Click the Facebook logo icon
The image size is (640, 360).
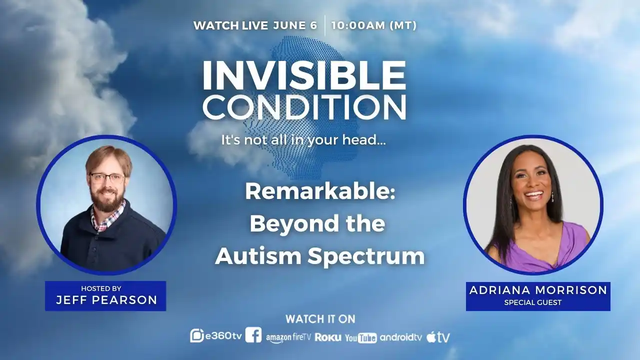coord(253,335)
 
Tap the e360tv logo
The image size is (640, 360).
coord(216,336)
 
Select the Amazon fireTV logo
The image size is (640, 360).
coord(288,337)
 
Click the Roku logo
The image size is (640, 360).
coord(328,337)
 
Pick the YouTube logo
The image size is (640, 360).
coord(361,338)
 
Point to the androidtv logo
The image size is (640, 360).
coord(401,337)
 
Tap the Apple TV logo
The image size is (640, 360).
coord(438,337)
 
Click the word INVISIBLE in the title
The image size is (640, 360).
coord(304,75)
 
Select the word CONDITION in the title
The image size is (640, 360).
coord(304,107)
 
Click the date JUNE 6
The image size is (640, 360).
coord(295,25)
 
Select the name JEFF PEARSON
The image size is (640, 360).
coord(106,300)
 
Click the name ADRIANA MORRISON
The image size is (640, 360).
coord(538,290)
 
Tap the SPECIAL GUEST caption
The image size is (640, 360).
coord(533,302)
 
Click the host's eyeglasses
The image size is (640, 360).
coord(107,178)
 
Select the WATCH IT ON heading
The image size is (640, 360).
coord(320,319)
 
